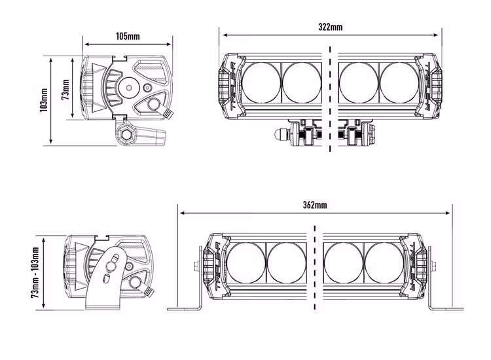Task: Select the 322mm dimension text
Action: [x=331, y=27]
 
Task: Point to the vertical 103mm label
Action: [x=43, y=100]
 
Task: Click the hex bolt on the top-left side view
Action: [x=125, y=135]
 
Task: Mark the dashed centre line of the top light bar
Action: [x=331, y=98]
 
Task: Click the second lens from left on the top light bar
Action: [x=300, y=82]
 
